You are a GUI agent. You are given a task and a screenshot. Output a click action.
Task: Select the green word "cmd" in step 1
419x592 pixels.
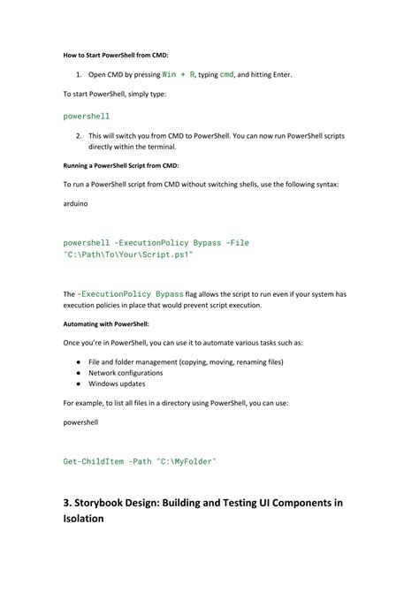[x=227, y=74]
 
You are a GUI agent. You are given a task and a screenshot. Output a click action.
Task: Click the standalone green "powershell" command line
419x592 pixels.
[x=87, y=116]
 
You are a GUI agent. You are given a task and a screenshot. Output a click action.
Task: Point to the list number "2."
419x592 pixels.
[x=79, y=135]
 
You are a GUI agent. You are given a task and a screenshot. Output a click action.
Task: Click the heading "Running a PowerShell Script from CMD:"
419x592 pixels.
[x=120, y=165]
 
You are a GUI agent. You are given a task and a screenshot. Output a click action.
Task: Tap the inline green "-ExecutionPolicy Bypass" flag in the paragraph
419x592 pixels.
[x=131, y=293]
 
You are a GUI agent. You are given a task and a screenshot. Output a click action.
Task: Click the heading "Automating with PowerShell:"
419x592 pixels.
[x=105, y=324]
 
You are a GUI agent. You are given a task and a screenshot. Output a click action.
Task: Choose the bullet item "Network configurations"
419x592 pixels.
[x=130, y=373]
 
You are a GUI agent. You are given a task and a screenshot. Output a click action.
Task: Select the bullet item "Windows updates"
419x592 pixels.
[x=117, y=384]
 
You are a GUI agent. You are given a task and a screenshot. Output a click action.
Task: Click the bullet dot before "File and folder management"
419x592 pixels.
[x=79, y=362]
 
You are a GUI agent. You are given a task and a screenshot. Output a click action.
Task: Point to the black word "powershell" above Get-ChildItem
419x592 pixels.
[x=80, y=422]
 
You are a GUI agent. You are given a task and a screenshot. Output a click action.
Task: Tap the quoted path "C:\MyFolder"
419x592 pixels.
[x=186, y=461]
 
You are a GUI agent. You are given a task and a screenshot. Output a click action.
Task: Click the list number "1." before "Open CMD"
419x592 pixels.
[x=79, y=74]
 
